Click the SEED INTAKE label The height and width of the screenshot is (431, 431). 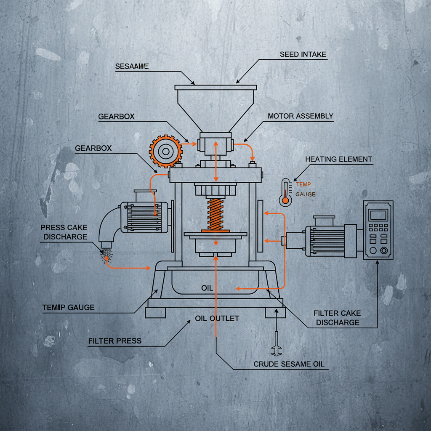point(303,55)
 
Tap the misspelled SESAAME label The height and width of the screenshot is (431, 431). point(132,67)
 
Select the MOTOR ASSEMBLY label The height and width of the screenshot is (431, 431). point(301,116)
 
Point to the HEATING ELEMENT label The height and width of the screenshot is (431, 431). point(338,159)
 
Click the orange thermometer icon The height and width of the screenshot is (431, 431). point(286,192)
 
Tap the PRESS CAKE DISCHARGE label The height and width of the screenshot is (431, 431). point(64,232)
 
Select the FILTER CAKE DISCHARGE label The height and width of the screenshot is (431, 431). point(338,318)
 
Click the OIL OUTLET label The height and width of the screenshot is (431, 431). point(217,318)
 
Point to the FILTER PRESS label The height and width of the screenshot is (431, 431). point(115,341)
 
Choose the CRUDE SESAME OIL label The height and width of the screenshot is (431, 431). point(289,364)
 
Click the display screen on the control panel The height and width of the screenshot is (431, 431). point(378,215)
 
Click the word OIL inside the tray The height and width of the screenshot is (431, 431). point(207,288)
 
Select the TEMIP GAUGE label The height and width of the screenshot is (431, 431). point(68,308)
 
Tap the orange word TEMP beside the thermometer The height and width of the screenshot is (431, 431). point(303,184)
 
